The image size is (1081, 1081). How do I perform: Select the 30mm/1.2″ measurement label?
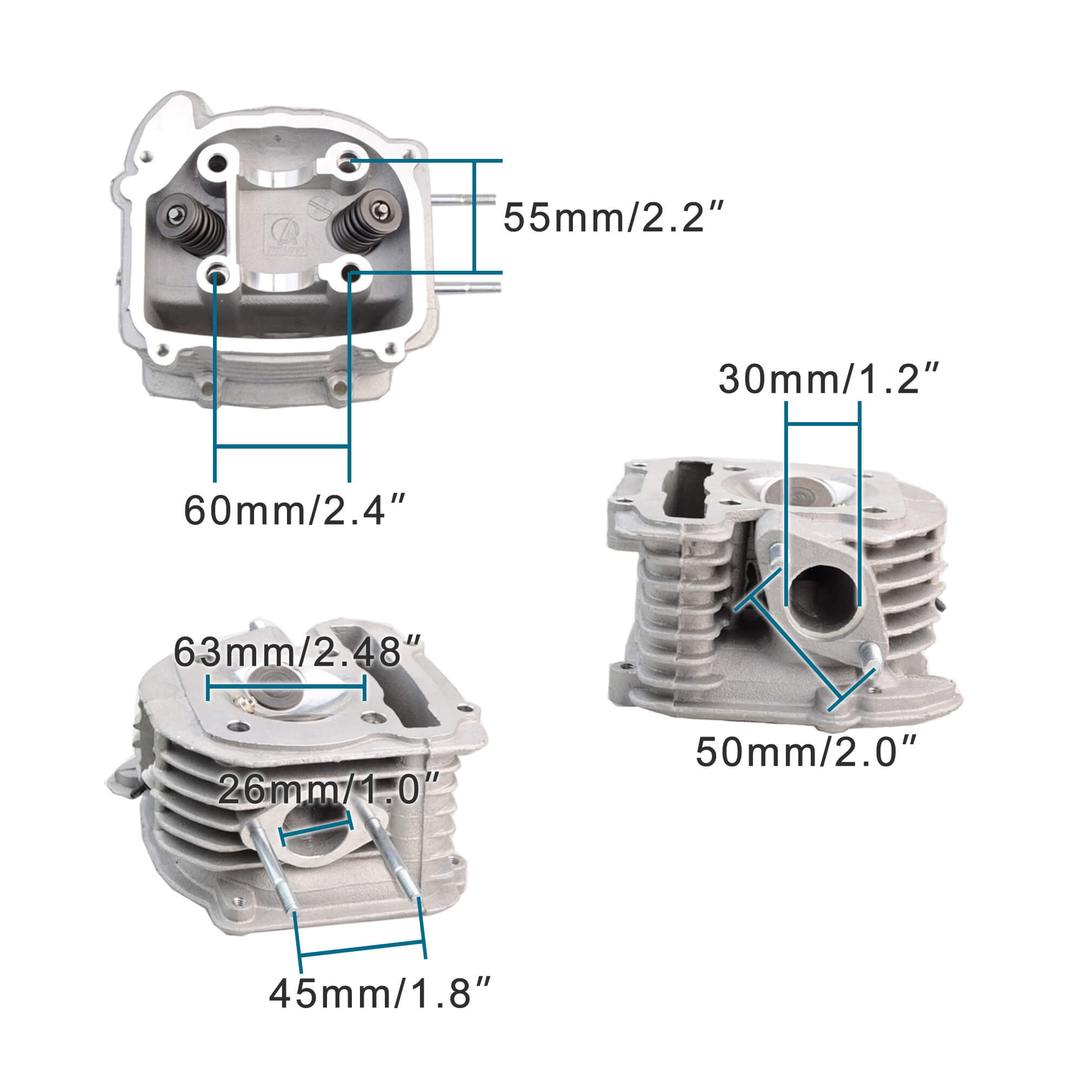click(828, 379)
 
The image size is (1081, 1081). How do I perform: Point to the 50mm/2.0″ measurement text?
click(806, 752)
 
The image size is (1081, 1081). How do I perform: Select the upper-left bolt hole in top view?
click(217, 163)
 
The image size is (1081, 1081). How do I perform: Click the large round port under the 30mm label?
click(823, 602)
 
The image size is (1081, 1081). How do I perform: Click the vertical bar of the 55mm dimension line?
click(474, 217)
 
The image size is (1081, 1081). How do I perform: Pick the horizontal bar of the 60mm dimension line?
click(282, 446)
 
